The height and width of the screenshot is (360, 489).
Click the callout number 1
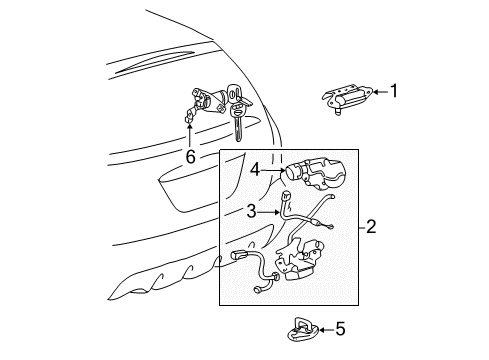tap(394, 91)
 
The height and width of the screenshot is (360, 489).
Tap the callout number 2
tap(371, 227)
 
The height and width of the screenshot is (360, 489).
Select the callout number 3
tap(252, 211)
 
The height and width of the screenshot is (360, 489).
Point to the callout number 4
tap(255, 170)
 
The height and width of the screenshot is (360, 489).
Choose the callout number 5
tap(341, 329)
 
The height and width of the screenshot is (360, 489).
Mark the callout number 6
tap(190, 156)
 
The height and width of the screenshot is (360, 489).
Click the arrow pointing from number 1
tap(381, 91)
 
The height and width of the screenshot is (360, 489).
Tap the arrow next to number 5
tap(327, 330)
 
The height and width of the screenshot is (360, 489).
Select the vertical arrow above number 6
tap(190, 135)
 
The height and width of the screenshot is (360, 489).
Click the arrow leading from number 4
tap(273, 170)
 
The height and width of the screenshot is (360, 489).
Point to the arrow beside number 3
tap(268, 212)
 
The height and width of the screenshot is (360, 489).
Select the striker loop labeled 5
tap(303, 330)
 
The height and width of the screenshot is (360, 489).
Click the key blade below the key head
tap(238, 128)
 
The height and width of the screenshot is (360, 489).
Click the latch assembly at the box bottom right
tap(298, 260)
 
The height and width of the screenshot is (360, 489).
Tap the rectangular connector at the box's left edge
tap(238, 256)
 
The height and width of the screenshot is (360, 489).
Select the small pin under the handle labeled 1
tap(338, 112)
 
